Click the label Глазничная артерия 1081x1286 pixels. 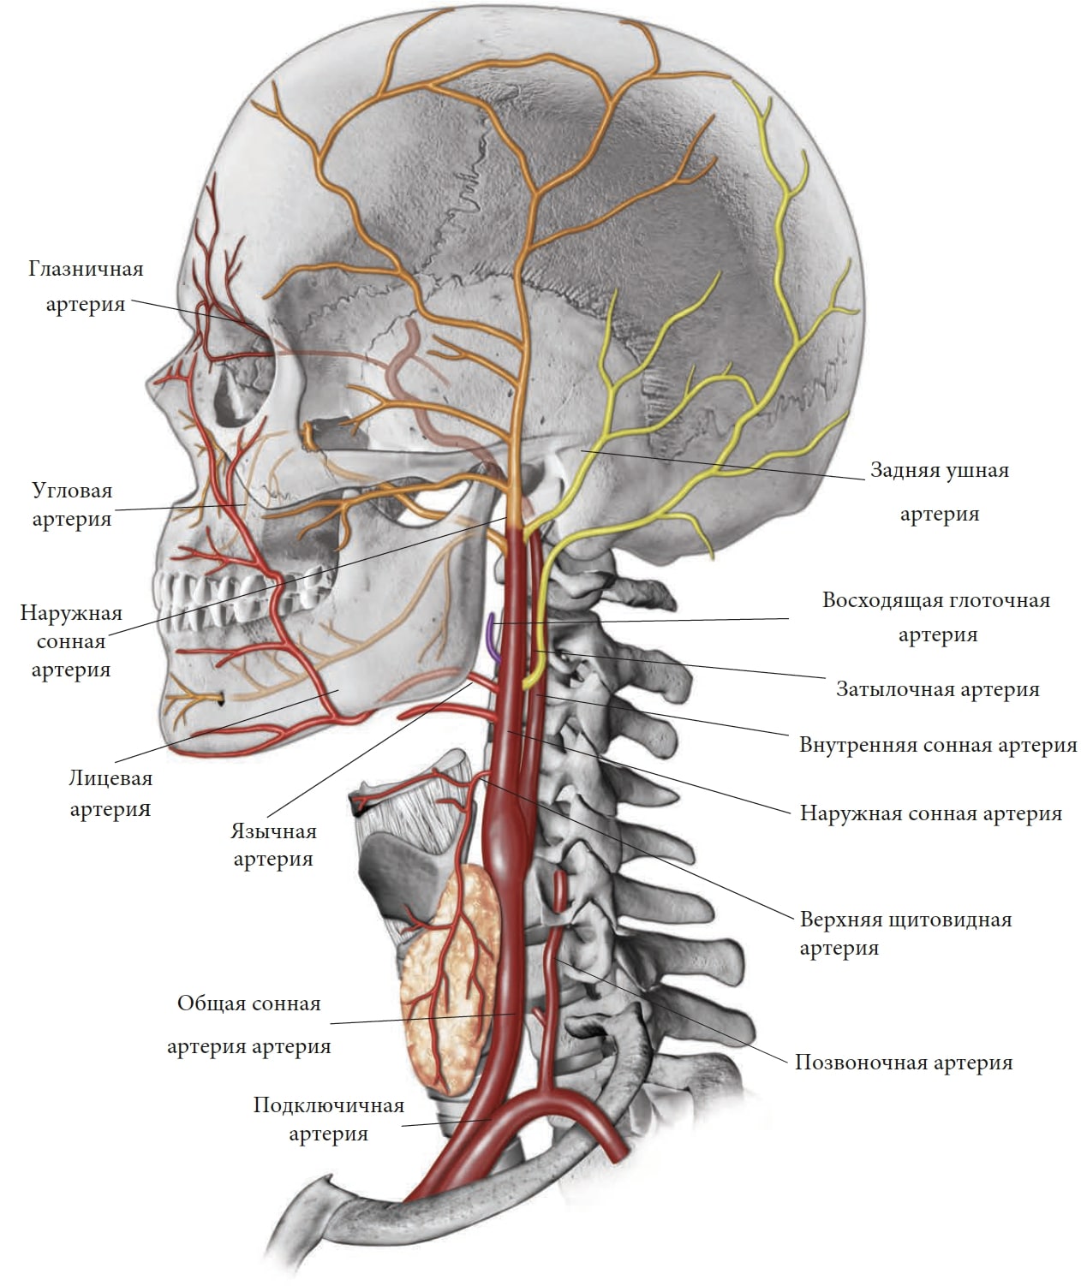click(x=86, y=286)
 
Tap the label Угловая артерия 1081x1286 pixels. click(x=72, y=504)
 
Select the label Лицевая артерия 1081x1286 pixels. click(x=110, y=793)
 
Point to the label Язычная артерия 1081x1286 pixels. click(x=273, y=845)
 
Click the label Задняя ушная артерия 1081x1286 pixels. click(x=940, y=492)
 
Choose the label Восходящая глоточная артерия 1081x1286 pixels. click(x=936, y=618)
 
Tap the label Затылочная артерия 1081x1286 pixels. click(x=937, y=689)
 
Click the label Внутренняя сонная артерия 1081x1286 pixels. click(x=938, y=745)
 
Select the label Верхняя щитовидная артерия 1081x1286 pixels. click(x=906, y=934)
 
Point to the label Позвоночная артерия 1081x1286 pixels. click(x=904, y=1063)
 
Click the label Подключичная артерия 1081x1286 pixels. click(x=328, y=1120)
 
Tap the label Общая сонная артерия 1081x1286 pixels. click(x=249, y=1025)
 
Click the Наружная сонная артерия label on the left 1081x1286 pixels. click(x=71, y=641)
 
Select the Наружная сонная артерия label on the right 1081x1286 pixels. click(x=930, y=813)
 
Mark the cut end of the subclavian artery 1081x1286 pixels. click(x=618, y=1155)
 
